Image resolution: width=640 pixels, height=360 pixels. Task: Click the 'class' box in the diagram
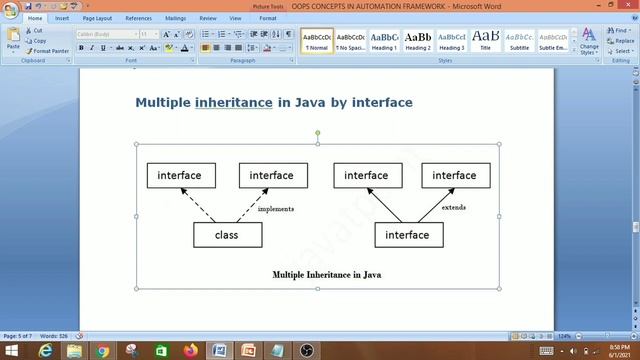(227, 235)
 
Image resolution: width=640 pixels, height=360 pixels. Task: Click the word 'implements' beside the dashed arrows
(275, 209)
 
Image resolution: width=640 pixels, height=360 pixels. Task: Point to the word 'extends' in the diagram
(453, 207)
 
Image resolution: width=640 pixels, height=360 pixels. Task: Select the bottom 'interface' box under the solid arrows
(407, 235)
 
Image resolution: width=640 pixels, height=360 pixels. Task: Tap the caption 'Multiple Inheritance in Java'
(326, 273)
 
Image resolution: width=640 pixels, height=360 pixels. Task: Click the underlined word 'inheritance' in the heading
(233, 102)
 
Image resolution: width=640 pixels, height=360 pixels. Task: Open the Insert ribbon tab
(63, 18)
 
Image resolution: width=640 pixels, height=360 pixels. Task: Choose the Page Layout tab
(97, 18)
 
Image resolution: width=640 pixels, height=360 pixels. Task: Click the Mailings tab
(175, 18)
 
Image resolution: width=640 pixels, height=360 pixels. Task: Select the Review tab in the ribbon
(208, 18)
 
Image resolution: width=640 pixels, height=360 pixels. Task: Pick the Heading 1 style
(384, 41)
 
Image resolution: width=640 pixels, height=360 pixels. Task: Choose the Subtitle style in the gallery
(519, 41)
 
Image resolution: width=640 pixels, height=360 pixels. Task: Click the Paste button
(13, 41)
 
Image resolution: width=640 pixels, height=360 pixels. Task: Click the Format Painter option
(51, 51)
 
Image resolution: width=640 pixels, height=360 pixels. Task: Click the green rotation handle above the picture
(318, 132)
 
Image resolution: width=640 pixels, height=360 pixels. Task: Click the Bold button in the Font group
(81, 47)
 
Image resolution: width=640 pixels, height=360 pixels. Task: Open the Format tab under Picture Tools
(268, 18)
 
